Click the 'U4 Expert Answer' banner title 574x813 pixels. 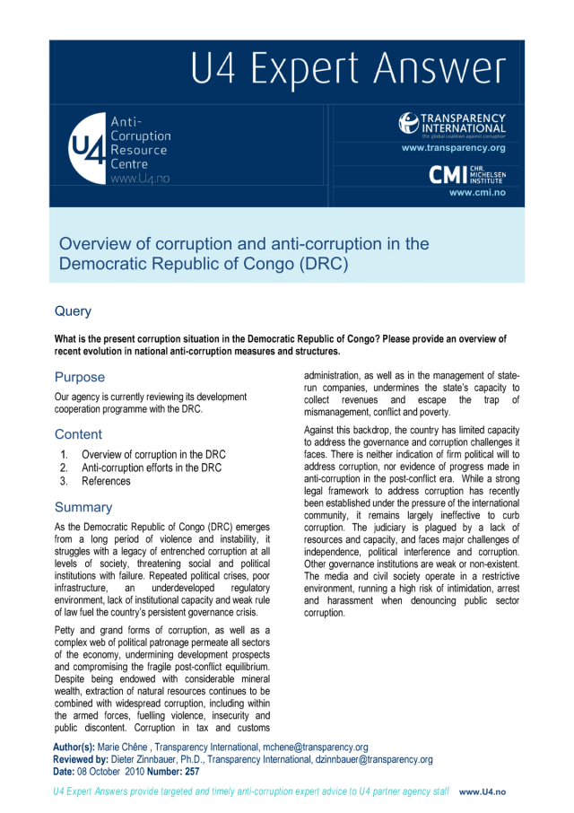(x=347, y=70)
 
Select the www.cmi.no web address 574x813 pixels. (x=477, y=192)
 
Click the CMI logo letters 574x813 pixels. (x=448, y=173)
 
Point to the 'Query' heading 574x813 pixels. (x=73, y=311)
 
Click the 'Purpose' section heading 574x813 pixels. (x=80, y=377)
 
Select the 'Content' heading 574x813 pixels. (x=78, y=434)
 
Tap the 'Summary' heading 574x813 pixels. (x=83, y=507)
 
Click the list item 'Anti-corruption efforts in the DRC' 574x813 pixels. (x=152, y=468)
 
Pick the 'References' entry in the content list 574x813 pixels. (x=106, y=481)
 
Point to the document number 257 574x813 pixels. (x=190, y=772)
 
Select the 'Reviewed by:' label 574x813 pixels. (x=87, y=759)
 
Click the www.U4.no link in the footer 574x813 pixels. (x=483, y=792)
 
